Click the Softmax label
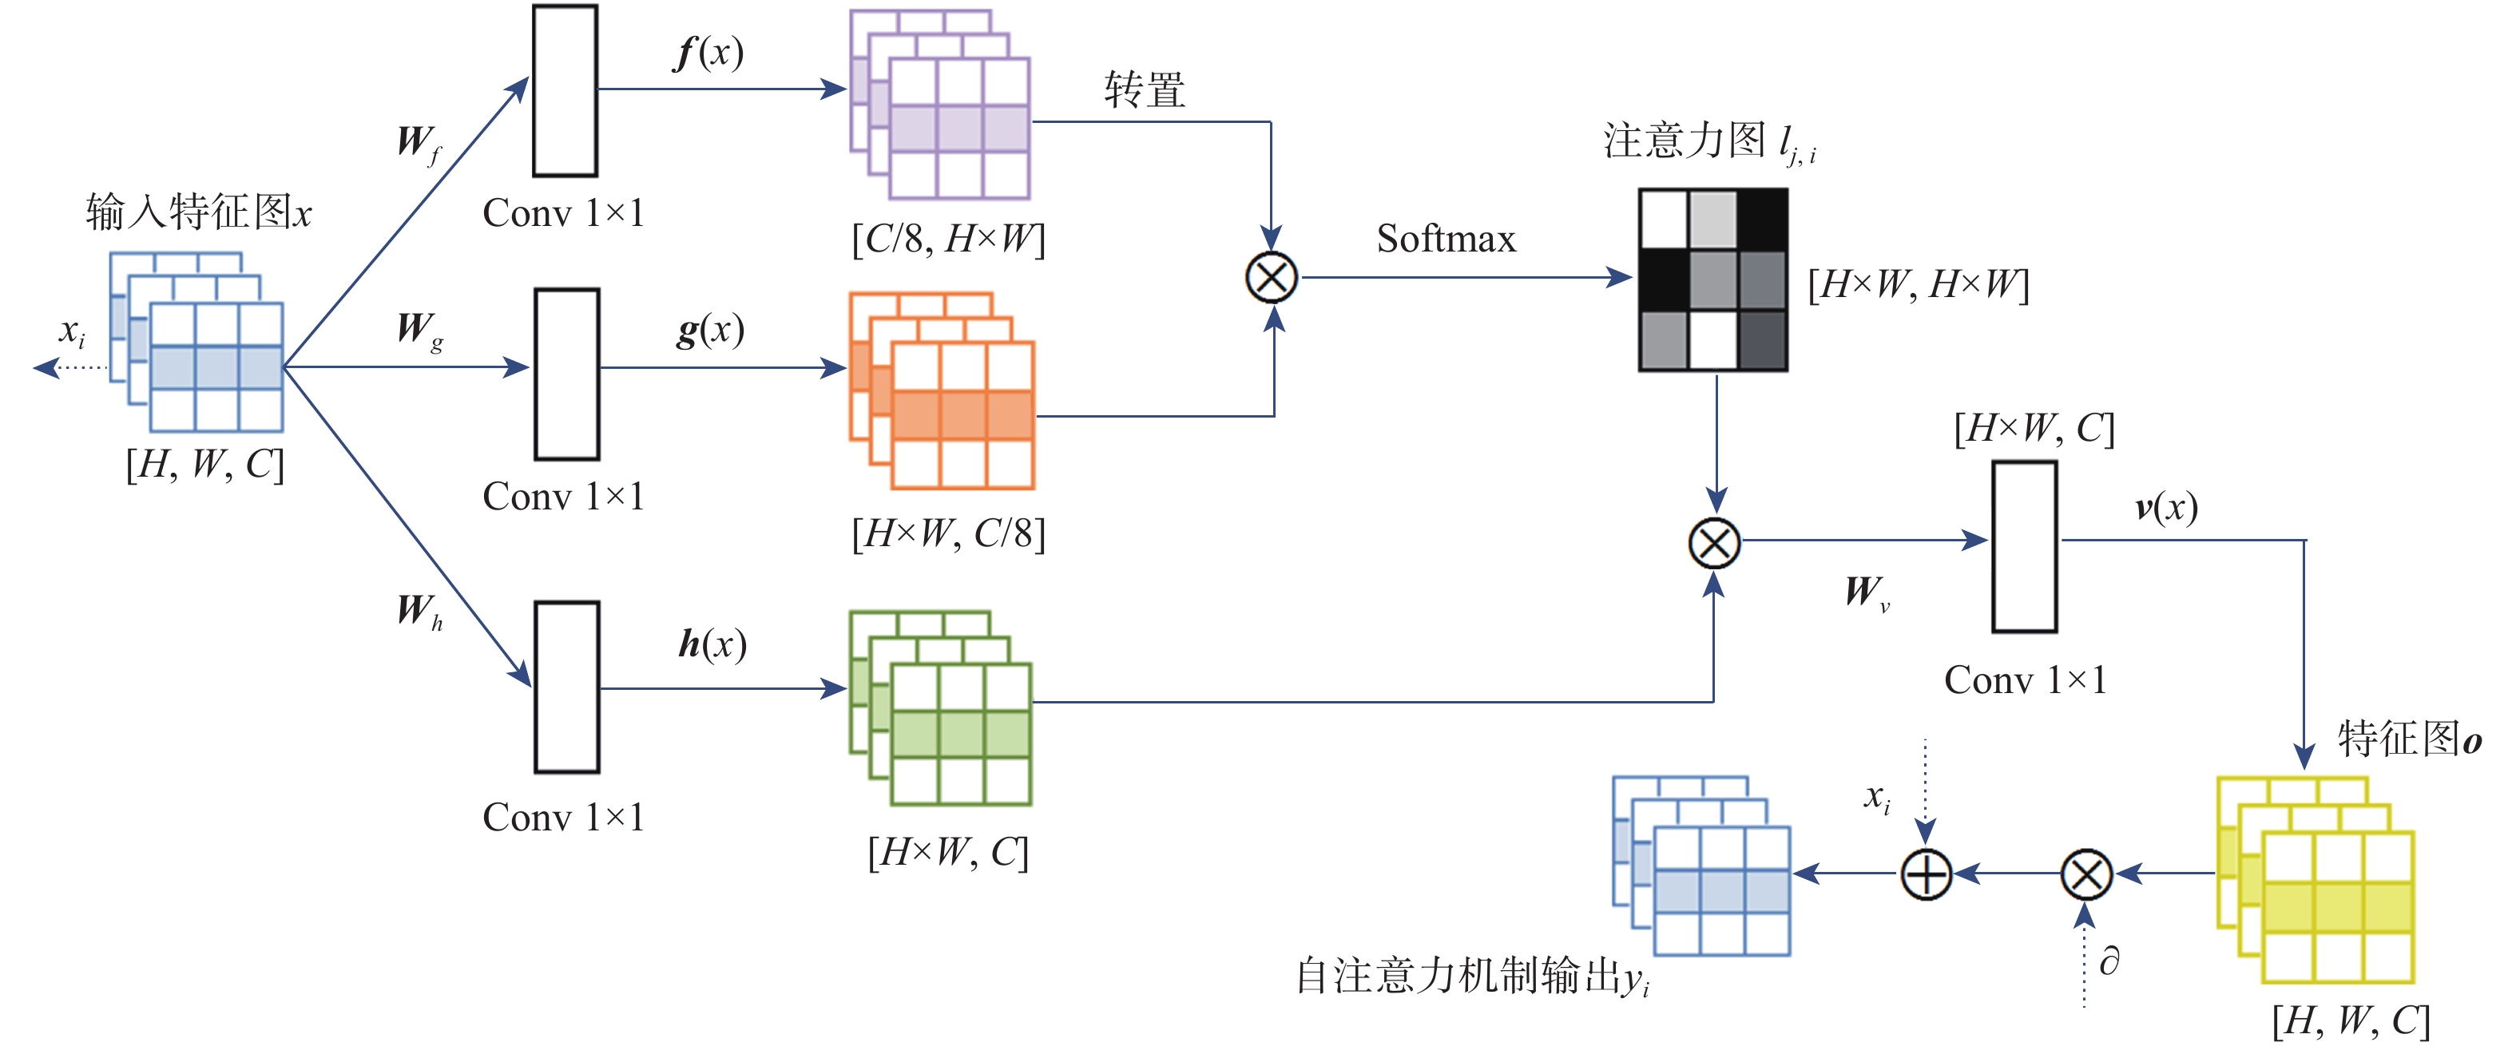coord(1446,238)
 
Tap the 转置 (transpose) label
coord(1145,90)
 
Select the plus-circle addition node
coord(1926,874)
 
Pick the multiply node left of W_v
coord(1714,542)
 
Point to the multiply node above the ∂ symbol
coord(2086,874)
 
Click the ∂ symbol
coord(2109,962)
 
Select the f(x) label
coord(709,52)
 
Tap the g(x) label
coord(710,330)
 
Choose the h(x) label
coord(712,644)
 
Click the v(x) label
coord(2165,508)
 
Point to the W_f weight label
coord(418,144)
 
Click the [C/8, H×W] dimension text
coord(947,238)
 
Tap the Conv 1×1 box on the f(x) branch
coord(565,91)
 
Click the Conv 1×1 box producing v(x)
coord(2024,547)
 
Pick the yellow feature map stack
coord(2315,879)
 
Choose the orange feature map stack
coord(942,390)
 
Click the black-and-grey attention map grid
coord(1713,279)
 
